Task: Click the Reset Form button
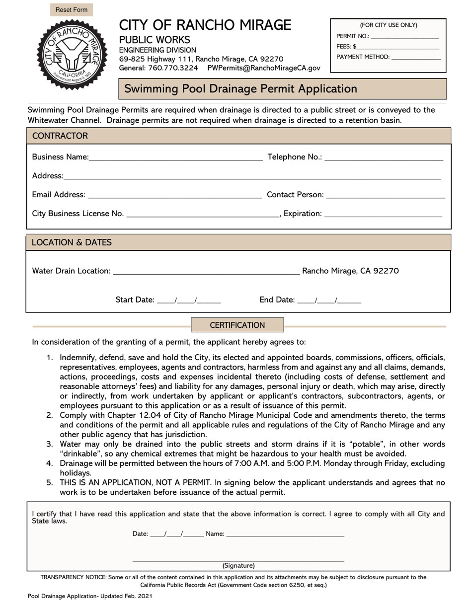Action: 71,10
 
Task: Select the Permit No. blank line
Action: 404,36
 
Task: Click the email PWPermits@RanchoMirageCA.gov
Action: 263,68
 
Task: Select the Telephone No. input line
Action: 384,157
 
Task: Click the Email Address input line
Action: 174,195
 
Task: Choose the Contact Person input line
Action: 386,195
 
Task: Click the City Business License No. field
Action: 203,214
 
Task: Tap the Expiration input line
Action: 383,214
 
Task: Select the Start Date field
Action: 189,300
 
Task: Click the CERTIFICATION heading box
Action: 237,325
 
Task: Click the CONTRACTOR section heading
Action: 60,136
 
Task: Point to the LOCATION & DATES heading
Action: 72,242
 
